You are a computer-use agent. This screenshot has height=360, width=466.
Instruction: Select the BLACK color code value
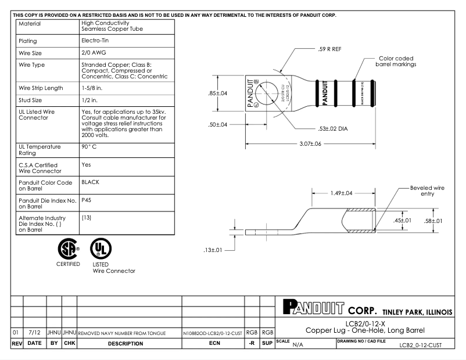(x=91, y=182)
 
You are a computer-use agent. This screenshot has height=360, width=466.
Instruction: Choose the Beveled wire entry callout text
(x=426, y=190)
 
